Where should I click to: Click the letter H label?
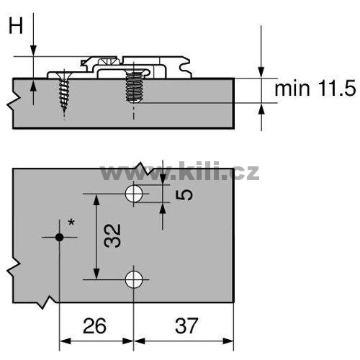click(16, 26)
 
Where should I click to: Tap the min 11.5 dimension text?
click(315, 89)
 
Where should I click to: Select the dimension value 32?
click(112, 236)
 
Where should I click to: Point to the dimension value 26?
click(94, 325)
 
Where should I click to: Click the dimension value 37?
click(186, 325)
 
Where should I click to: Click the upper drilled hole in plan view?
click(134, 194)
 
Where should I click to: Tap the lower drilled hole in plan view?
click(134, 279)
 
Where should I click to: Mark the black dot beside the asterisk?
click(59, 238)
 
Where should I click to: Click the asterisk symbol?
click(71, 222)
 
